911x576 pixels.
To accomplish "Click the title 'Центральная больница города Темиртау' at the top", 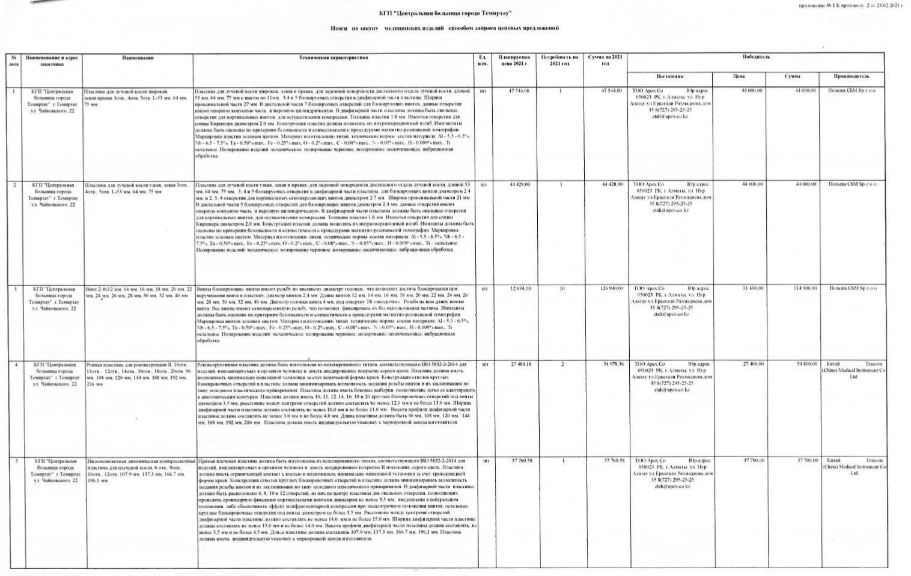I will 445,13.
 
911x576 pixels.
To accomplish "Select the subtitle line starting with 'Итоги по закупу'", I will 444,28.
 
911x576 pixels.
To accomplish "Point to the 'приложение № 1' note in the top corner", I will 850,5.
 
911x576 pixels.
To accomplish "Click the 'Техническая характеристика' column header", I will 334,58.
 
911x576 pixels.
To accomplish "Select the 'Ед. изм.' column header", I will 482,60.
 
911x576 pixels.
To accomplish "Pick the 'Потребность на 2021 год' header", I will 559,60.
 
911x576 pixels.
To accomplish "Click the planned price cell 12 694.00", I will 520,288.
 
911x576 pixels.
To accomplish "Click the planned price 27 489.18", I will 520,364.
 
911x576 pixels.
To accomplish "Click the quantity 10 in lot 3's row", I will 561,288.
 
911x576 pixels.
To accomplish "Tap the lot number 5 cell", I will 16,461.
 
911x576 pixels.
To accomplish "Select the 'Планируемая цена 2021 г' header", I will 513,60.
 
